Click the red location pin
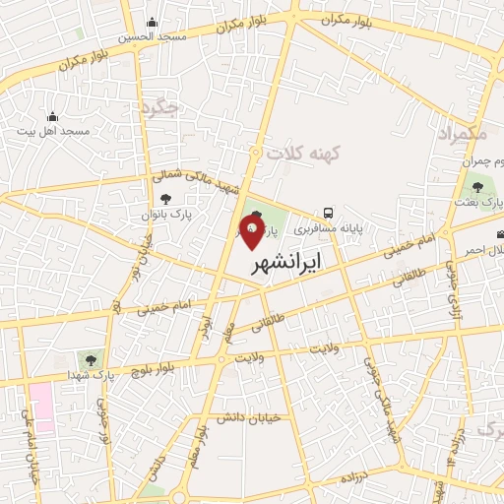point(251,232)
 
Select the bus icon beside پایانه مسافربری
point(329,213)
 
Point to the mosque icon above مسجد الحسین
point(152,23)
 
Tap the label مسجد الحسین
point(152,36)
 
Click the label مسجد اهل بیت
point(60,130)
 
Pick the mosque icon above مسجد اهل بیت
point(53,116)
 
